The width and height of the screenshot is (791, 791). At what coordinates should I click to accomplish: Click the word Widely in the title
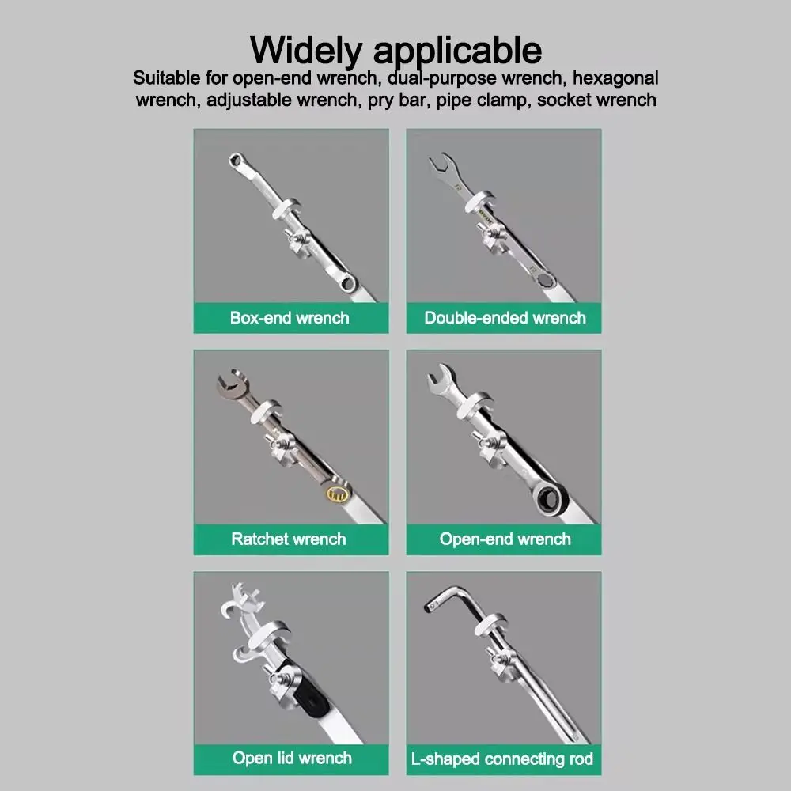click(306, 51)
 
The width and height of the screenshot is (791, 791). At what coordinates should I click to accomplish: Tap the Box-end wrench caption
click(290, 318)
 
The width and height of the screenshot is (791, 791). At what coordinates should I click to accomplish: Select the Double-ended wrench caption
click(505, 318)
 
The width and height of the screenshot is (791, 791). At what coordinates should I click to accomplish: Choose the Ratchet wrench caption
click(289, 539)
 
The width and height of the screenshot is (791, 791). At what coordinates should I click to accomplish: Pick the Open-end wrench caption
click(505, 539)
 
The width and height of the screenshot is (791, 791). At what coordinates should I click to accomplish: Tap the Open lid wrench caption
click(292, 758)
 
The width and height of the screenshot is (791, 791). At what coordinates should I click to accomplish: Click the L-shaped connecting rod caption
click(502, 759)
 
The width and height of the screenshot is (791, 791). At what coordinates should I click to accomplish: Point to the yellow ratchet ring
click(337, 493)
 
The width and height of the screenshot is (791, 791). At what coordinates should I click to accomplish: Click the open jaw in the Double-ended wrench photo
click(443, 167)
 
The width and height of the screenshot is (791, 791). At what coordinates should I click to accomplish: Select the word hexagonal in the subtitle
click(615, 78)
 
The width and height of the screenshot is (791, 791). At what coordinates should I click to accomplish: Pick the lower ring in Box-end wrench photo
click(348, 282)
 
